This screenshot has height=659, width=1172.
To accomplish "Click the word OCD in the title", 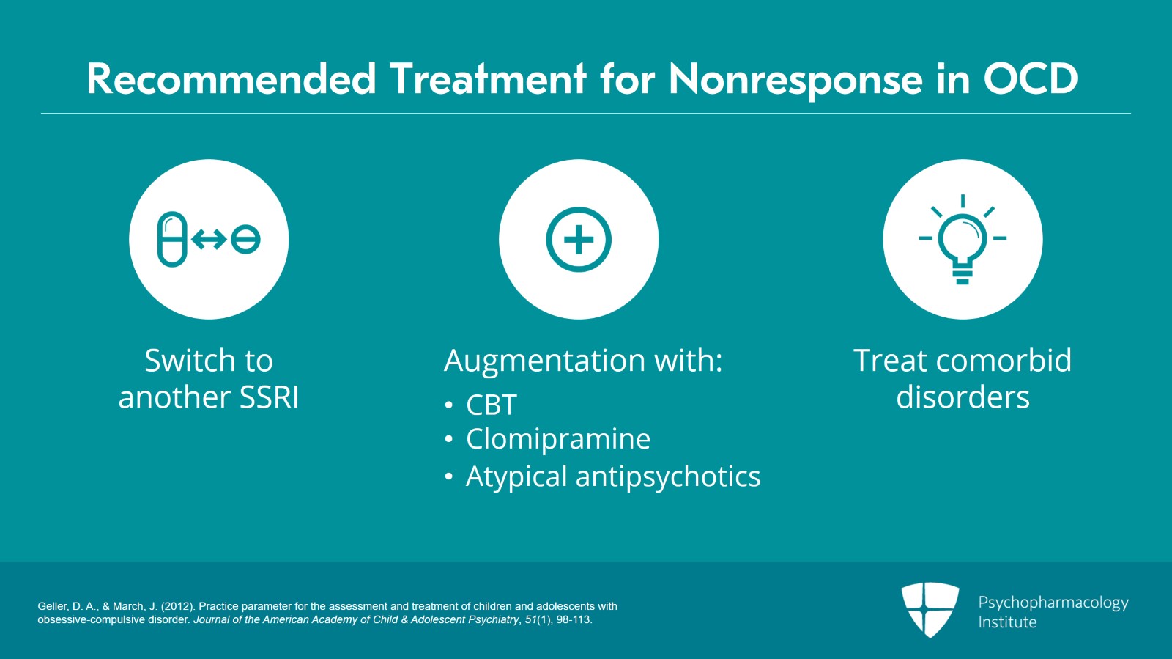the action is [x=1031, y=78].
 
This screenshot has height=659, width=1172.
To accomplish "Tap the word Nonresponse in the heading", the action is [x=795, y=81].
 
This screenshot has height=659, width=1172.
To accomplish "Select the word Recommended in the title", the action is [x=231, y=78].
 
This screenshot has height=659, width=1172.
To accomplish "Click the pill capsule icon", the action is [x=172, y=239].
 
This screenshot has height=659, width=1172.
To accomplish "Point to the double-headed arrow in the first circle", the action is [x=209, y=240].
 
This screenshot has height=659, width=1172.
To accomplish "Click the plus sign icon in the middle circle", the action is [x=579, y=239].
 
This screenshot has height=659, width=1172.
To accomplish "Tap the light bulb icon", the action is [x=963, y=240].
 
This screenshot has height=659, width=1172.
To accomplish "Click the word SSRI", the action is [x=269, y=397].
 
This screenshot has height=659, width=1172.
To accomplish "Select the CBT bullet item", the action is [x=492, y=405].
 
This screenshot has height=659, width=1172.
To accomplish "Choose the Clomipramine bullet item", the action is [x=557, y=438].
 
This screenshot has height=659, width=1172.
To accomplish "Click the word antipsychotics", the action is [x=668, y=477].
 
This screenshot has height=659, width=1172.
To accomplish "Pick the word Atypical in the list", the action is [x=516, y=477].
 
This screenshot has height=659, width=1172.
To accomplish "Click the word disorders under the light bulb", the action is [x=963, y=397].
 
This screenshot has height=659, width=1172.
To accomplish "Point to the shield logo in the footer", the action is [x=930, y=610].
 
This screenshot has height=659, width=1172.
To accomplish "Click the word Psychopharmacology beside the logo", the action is [x=1053, y=603].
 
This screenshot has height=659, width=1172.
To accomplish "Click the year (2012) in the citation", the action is [x=178, y=606].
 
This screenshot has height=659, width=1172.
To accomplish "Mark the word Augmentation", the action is [x=545, y=361].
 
